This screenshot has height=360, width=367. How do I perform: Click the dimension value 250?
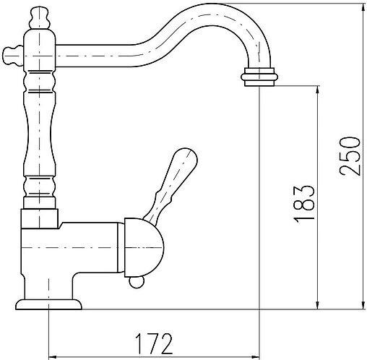point(350,156)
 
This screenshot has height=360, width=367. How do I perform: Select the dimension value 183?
point(304,204)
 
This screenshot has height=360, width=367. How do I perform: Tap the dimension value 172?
point(154,343)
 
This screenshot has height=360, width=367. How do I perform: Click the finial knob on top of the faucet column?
point(40,18)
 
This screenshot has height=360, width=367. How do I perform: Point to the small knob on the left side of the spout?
point(13,56)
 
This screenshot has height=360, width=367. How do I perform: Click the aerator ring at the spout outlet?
point(259,77)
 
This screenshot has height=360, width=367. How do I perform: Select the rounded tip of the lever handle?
point(186,157)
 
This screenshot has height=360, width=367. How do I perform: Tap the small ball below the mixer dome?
point(137,283)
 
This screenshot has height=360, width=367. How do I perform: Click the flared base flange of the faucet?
point(48,304)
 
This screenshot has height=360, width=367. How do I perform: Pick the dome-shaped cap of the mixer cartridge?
point(144,247)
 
